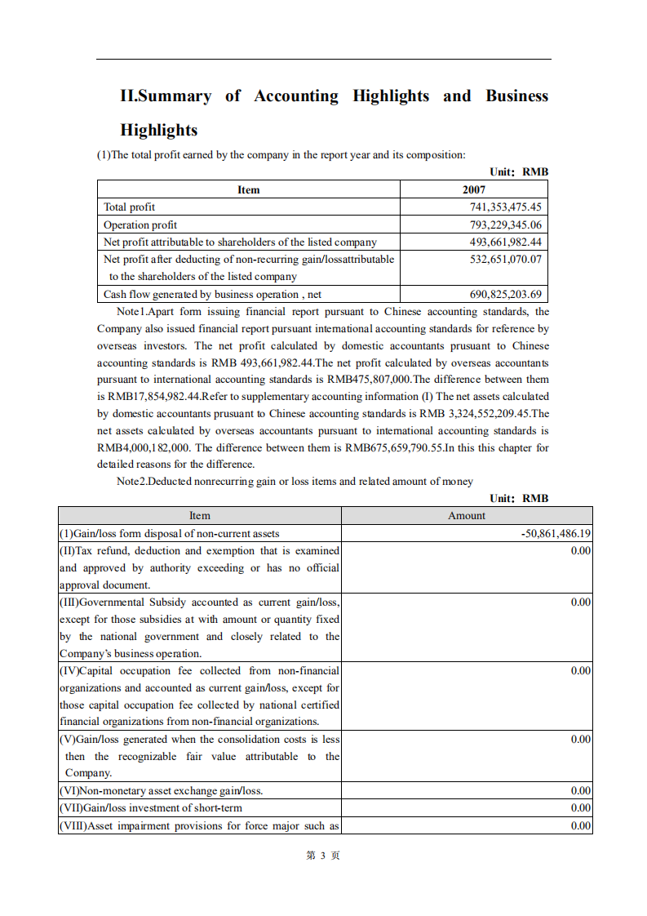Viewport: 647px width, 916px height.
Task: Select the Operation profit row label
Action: click(140, 225)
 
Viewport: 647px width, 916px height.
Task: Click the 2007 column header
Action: click(474, 189)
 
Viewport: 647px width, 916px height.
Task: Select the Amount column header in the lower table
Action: click(467, 515)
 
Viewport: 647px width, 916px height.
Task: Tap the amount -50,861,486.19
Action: click(556, 533)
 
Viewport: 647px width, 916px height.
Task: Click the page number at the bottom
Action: click(323, 855)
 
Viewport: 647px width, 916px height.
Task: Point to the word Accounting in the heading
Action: click(295, 96)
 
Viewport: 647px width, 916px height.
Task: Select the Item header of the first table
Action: click(249, 189)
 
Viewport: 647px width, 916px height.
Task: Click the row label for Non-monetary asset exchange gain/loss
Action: click(161, 790)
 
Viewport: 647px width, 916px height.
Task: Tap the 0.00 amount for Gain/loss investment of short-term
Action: click(580, 807)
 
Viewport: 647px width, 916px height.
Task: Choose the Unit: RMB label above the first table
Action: click(519, 171)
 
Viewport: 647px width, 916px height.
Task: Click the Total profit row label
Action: click(129, 207)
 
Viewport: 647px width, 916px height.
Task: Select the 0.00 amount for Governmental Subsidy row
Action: click(580, 602)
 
